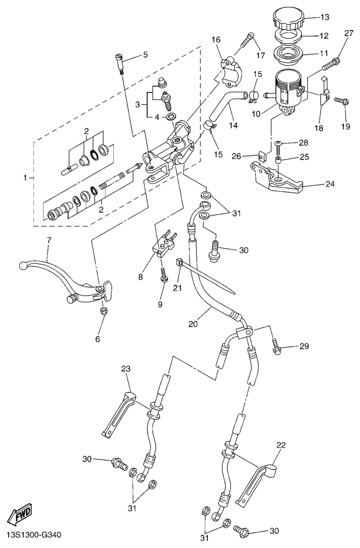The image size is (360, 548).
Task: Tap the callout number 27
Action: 349,33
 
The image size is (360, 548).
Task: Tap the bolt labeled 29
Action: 276,348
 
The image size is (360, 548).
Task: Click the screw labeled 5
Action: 120,63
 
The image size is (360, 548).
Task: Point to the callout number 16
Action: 216,40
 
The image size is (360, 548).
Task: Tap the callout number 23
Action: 126,369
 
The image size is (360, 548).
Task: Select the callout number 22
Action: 281,445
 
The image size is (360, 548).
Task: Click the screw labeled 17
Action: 248,40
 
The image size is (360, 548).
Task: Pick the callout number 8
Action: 141,278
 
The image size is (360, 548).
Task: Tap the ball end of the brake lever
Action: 23,265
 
